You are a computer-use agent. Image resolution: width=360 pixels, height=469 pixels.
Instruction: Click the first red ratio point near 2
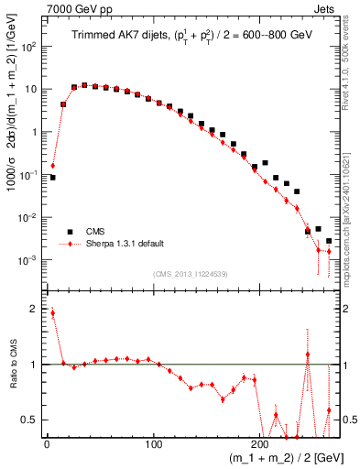click(x=52, y=313)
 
